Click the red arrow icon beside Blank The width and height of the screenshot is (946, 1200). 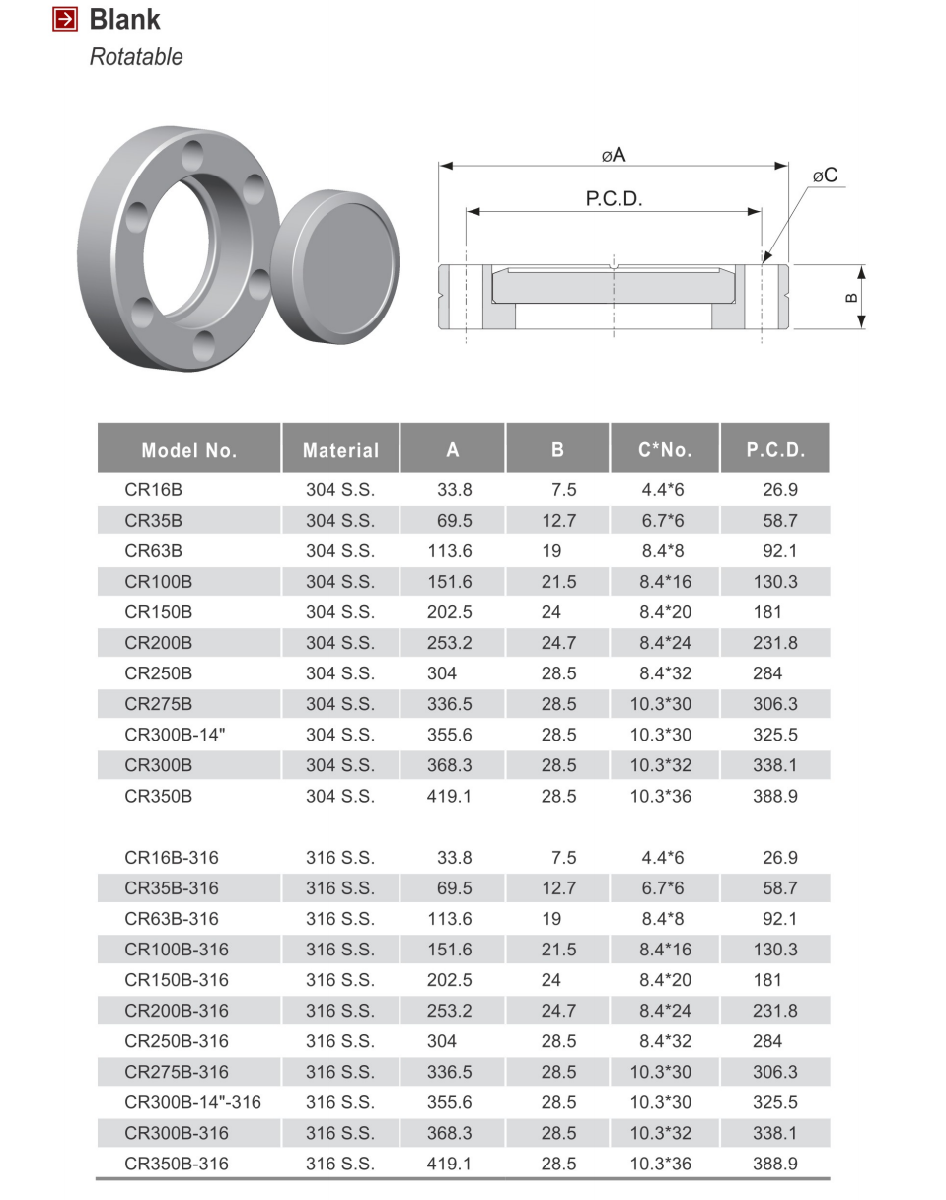click(65, 19)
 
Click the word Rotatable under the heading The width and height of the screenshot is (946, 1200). click(136, 57)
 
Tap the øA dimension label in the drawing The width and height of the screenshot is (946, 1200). click(613, 155)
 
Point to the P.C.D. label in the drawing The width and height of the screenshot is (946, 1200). click(614, 199)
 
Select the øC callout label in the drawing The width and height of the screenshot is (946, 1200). click(825, 176)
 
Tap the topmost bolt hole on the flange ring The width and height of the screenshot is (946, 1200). click(192, 155)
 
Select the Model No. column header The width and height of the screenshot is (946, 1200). click(189, 450)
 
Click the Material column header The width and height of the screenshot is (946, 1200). click(340, 450)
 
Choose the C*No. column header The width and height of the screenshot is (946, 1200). click(665, 450)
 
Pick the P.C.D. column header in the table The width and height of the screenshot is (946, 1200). click(775, 450)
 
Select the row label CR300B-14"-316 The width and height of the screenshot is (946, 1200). click(192, 1102)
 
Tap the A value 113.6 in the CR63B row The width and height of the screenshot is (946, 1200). click(449, 551)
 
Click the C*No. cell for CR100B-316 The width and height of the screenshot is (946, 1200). click(665, 950)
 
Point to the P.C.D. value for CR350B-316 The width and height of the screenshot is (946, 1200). click(774, 1164)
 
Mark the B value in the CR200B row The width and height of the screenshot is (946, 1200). click(558, 643)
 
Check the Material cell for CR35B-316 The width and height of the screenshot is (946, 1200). click(340, 888)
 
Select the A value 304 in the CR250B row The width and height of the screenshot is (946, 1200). click(442, 673)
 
